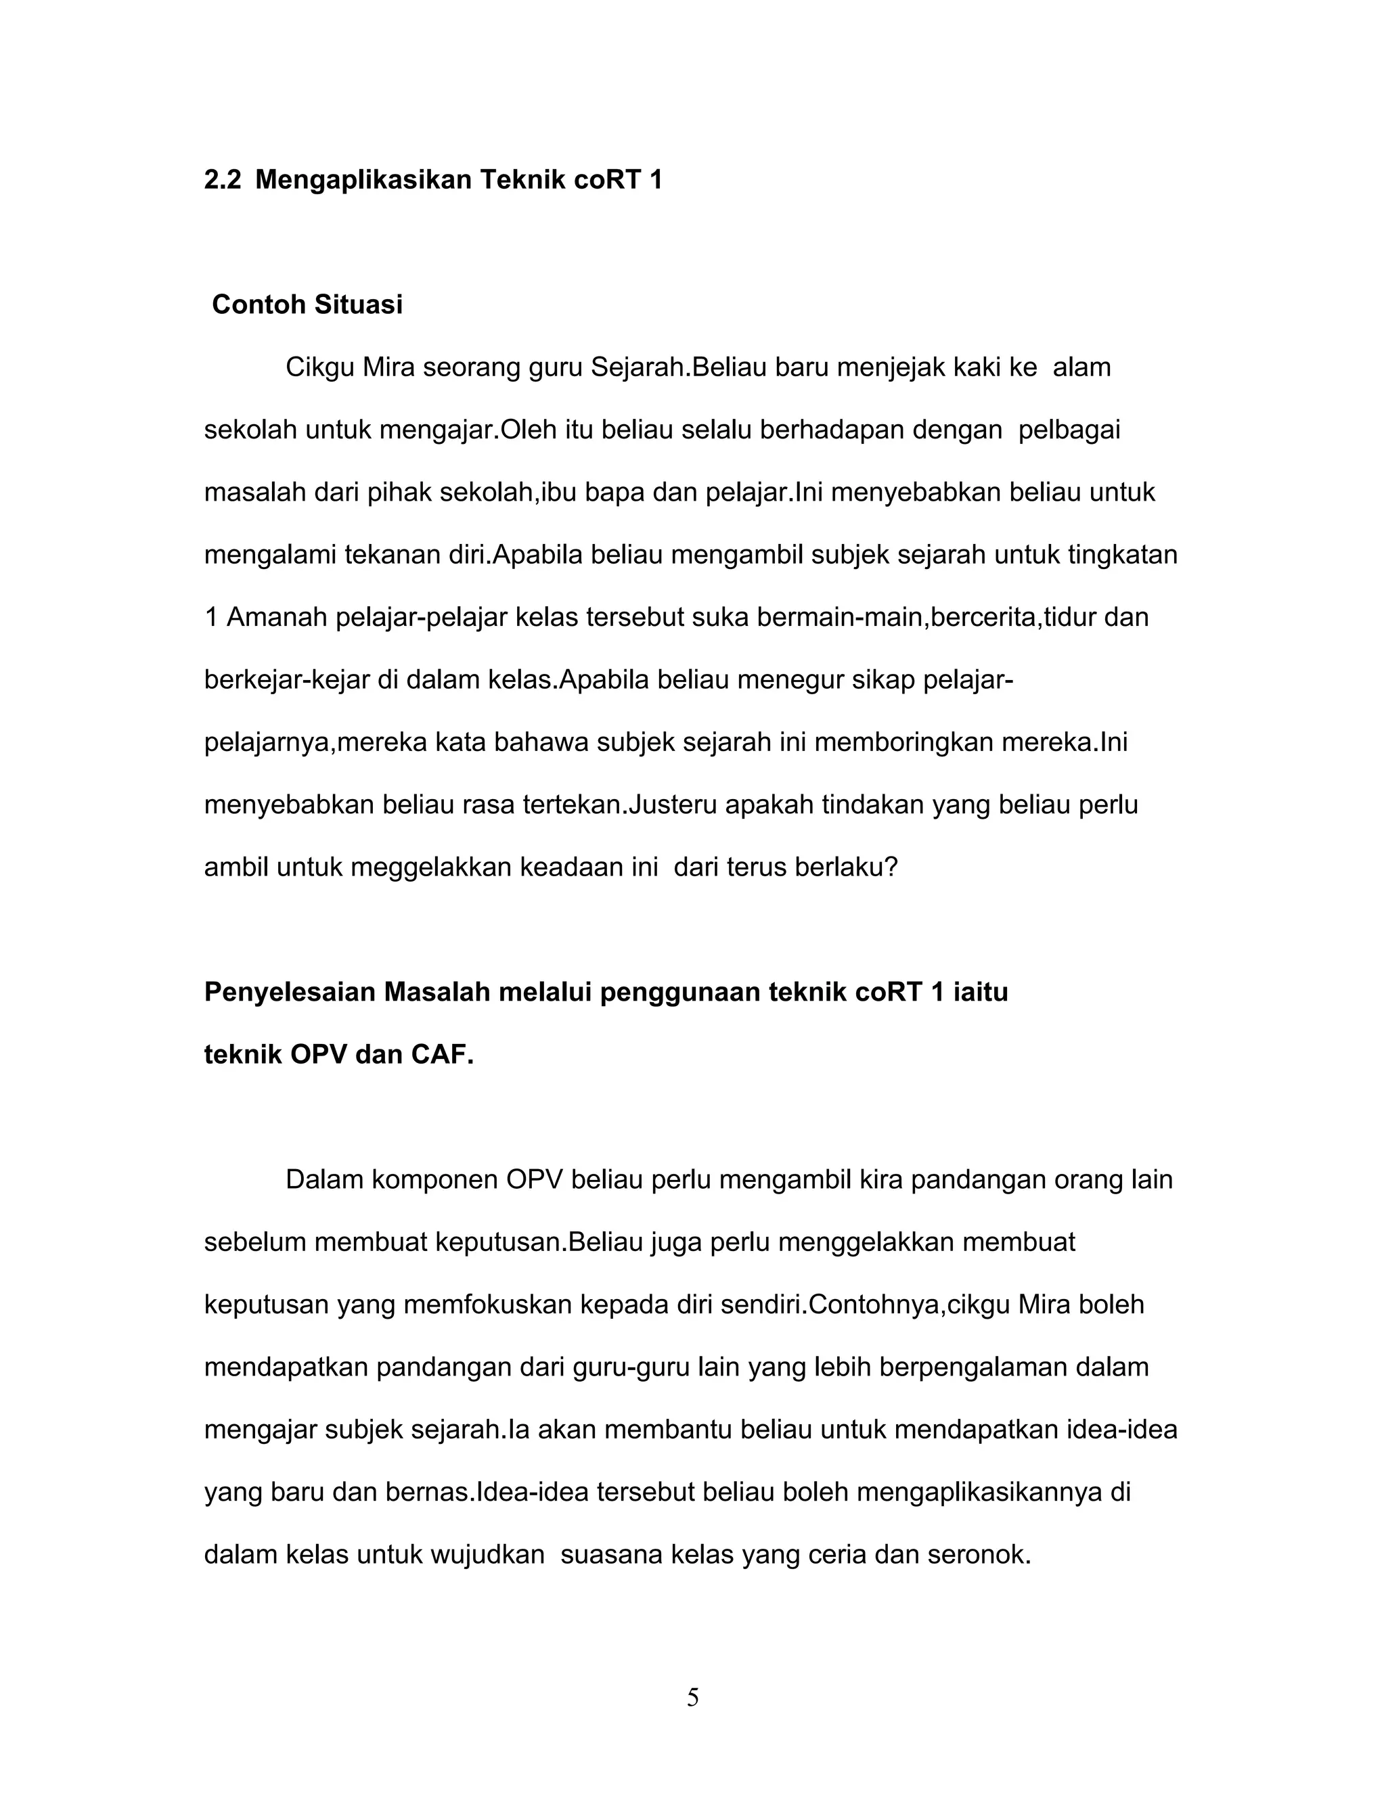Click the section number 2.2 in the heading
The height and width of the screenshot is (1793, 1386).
223,180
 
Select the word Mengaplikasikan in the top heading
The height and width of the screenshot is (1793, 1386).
363,180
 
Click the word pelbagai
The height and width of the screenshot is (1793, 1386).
1069,430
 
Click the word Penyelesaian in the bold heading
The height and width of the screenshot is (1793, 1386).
289,992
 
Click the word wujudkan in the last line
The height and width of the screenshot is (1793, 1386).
488,1555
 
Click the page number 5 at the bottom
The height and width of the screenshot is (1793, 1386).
693,1697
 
